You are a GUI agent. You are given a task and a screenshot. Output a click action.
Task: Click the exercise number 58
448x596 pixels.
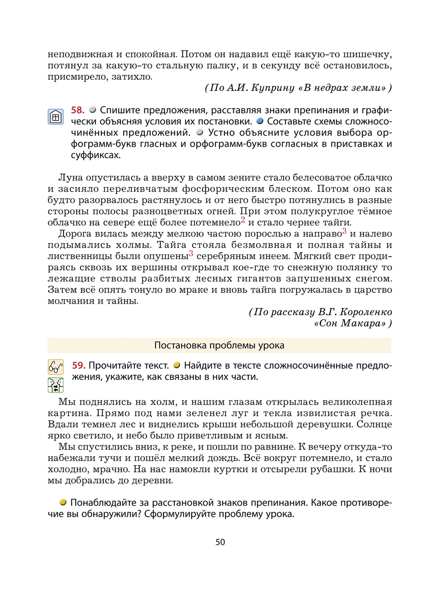coord(78,110)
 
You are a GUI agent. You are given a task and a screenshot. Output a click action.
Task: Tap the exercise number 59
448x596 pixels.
coord(78,365)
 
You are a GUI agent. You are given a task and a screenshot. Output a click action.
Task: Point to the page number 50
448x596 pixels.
coord(220,542)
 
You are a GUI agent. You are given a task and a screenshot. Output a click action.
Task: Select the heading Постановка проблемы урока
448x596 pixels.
coord(219,345)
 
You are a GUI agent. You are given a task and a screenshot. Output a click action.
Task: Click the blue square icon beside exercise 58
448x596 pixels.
coord(56,117)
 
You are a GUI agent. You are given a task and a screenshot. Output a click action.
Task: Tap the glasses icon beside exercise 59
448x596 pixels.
coord(56,367)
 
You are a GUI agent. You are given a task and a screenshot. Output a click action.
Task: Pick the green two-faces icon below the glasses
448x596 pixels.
coord(56,385)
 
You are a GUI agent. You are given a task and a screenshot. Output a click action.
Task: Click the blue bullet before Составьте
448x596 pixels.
coord(260,121)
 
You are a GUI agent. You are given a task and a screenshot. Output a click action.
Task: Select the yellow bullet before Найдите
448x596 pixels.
coord(177,365)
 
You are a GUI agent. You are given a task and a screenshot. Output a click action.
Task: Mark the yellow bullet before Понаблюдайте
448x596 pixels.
coord(63,502)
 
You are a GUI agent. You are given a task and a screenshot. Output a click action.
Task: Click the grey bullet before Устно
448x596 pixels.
coord(200,132)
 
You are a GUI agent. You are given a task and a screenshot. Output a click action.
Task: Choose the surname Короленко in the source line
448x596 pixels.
coord(366,312)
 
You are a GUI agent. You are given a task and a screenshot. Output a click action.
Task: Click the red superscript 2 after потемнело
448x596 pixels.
coord(243,219)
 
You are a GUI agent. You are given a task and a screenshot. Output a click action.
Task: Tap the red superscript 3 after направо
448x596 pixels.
coord(344,231)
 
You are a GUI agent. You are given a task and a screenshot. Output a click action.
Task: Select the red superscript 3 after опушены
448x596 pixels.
coord(191,253)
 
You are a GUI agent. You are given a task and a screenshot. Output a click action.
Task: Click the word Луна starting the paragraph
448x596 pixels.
coord(70,178)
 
